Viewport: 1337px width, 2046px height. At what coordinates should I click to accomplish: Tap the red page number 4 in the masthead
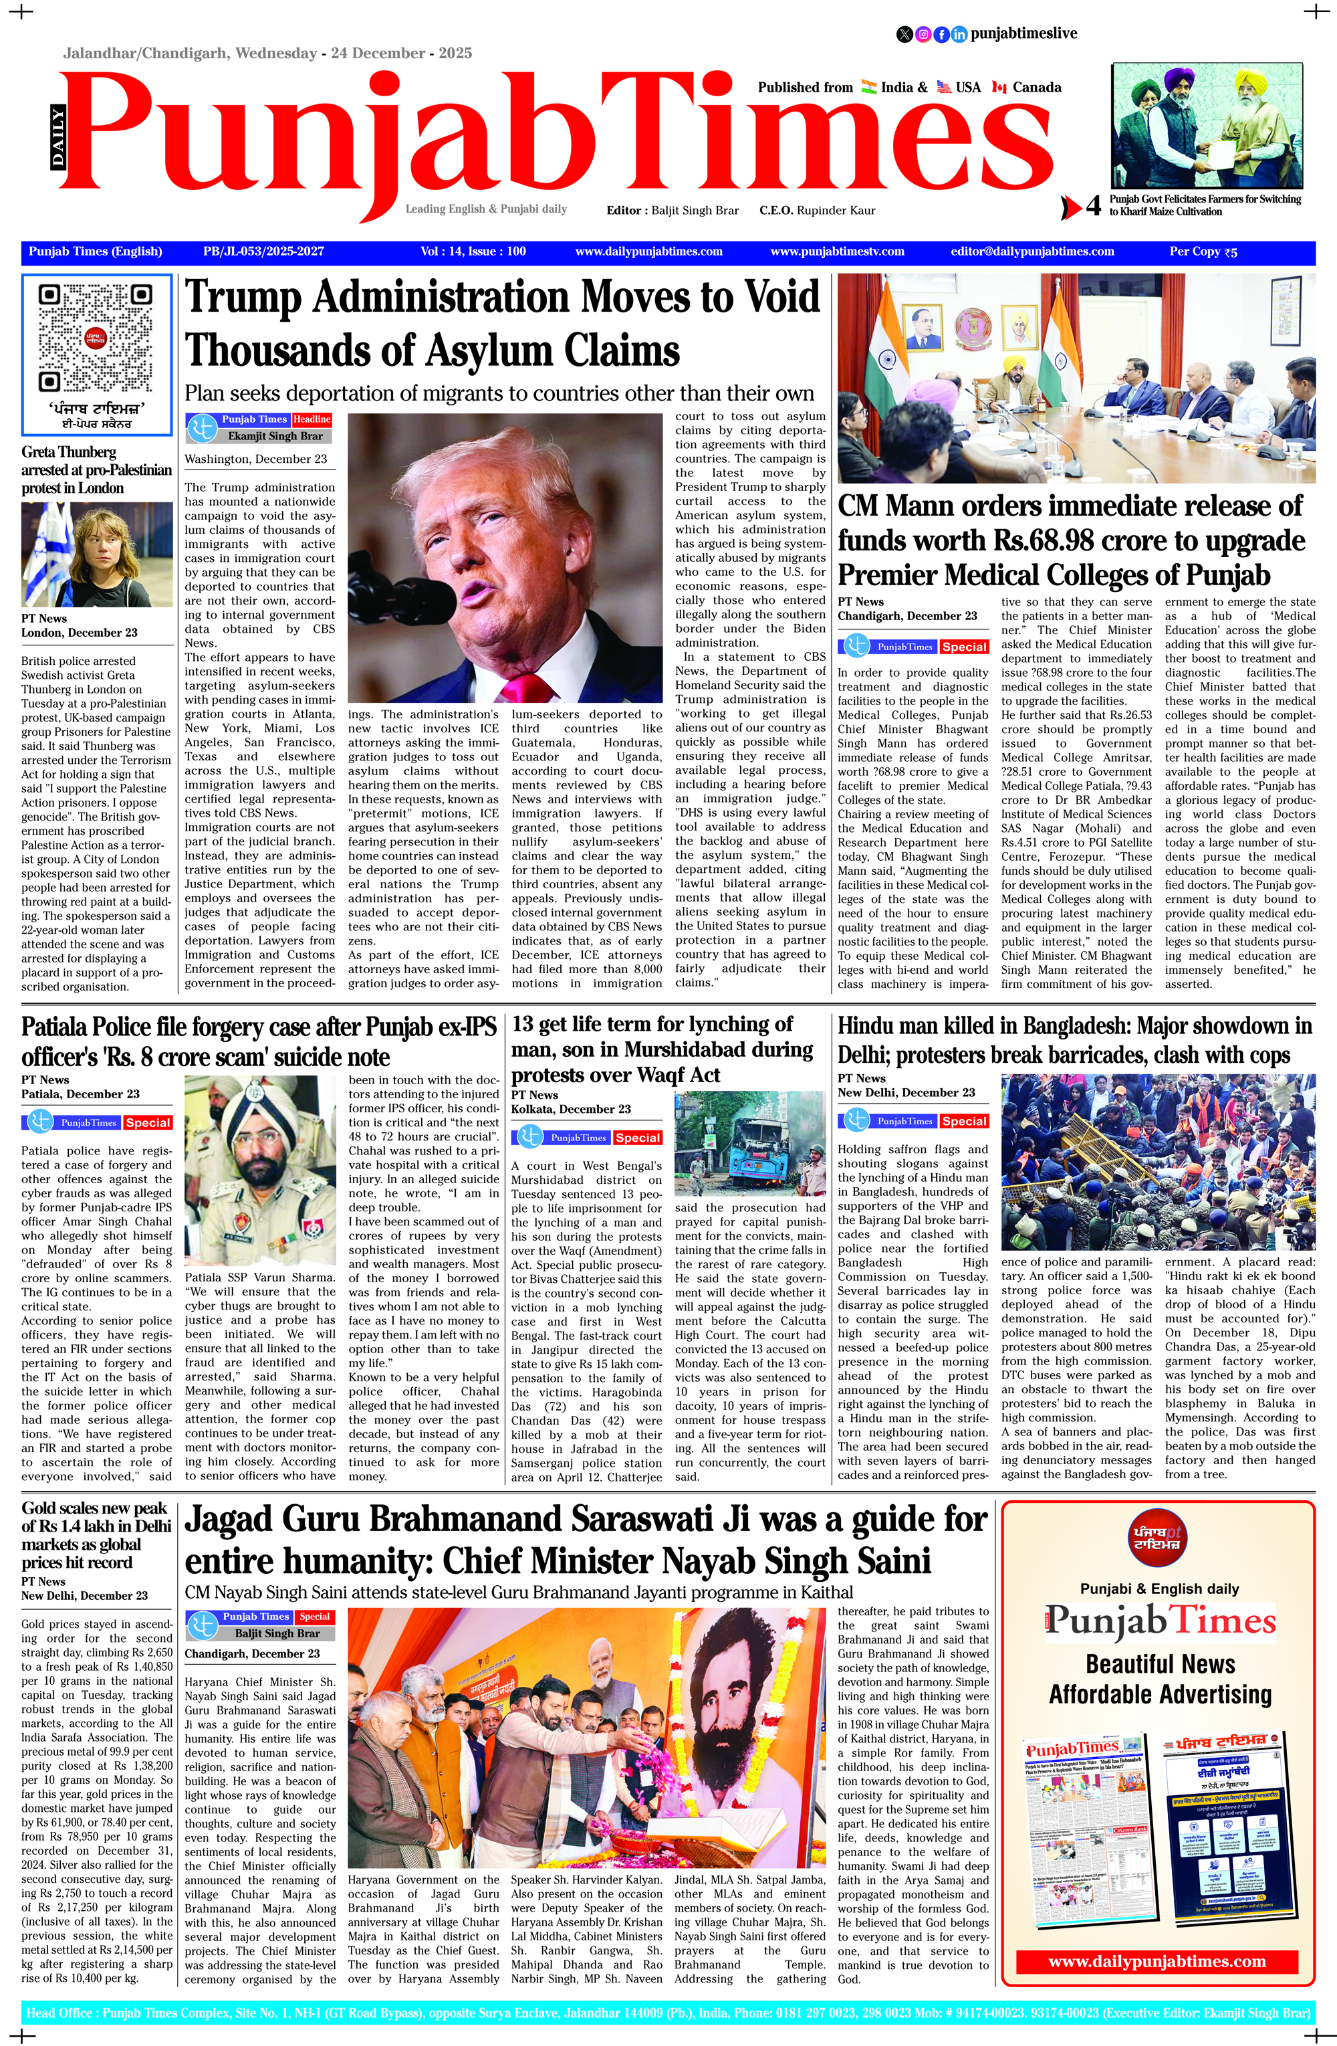tap(1093, 206)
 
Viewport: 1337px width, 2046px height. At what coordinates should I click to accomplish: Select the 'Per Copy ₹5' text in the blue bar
tap(1203, 252)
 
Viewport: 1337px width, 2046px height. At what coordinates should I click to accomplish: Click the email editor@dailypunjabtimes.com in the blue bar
tap(1032, 252)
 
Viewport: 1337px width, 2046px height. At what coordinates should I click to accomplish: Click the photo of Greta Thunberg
tap(96, 554)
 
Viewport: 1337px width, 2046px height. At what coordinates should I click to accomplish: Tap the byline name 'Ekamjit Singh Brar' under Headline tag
tap(275, 436)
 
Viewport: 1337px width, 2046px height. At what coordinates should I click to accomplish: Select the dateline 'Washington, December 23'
tap(255, 459)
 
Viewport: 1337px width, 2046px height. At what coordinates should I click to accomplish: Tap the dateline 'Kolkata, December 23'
tap(570, 1109)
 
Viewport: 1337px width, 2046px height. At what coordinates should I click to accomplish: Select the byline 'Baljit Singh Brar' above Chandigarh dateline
tap(277, 1633)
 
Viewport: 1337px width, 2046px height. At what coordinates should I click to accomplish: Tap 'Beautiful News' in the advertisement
tap(1159, 1663)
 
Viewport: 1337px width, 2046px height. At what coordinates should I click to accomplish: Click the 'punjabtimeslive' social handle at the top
tap(1023, 33)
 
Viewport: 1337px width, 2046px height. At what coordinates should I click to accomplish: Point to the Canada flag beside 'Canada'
tap(999, 87)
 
